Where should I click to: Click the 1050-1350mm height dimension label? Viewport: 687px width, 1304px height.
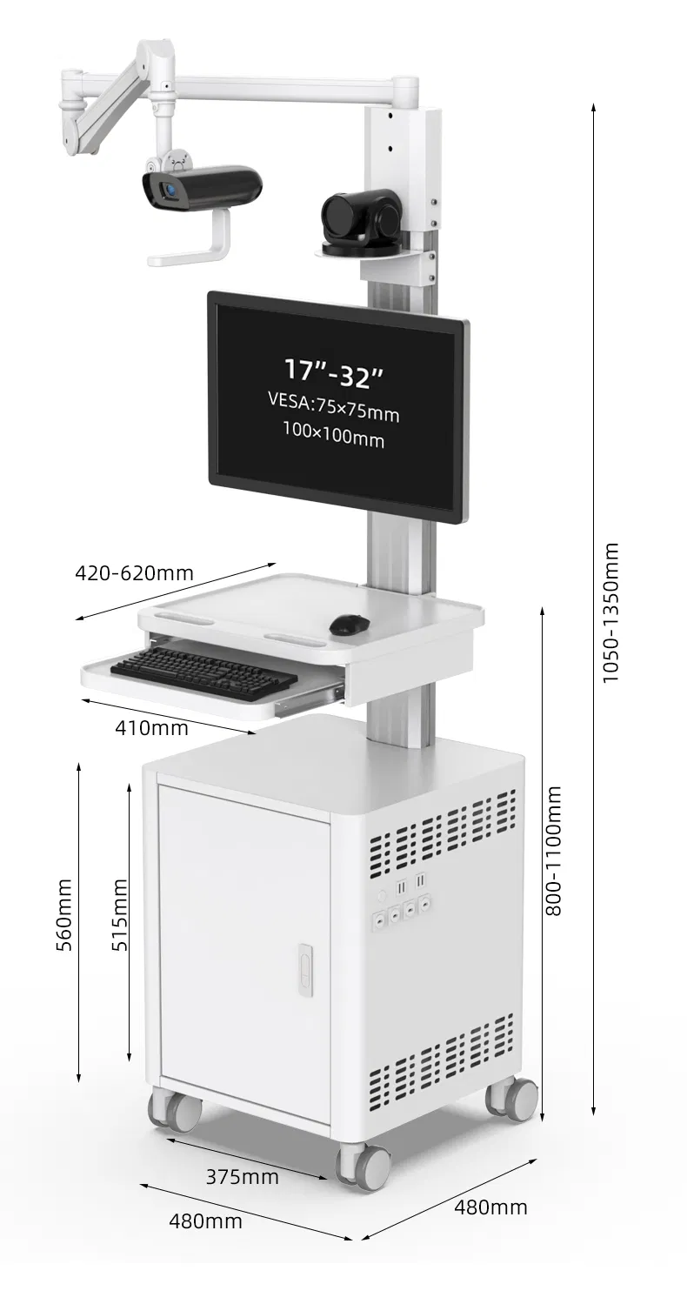click(x=611, y=612)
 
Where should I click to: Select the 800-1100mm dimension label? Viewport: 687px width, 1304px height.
click(x=554, y=851)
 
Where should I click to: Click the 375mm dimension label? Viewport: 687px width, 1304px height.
click(x=242, y=1177)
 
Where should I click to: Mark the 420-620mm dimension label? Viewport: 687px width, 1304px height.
click(x=134, y=573)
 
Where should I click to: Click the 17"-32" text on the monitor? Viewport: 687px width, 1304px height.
click(x=334, y=371)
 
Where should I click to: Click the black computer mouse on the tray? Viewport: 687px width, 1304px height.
click(x=350, y=624)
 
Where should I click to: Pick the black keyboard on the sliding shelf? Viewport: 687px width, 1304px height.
click(x=203, y=672)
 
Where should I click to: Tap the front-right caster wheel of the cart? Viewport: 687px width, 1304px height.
click(x=365, y=1167)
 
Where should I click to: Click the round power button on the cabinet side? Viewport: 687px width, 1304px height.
click(x=381, y=895)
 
